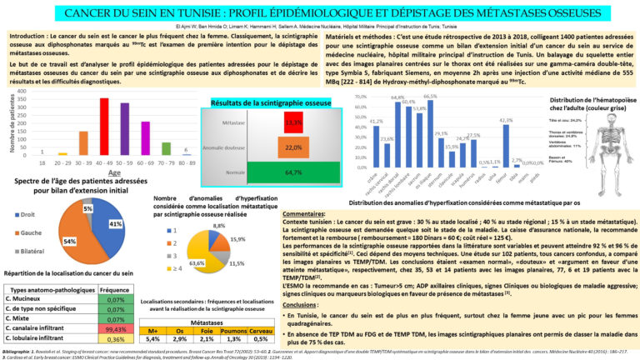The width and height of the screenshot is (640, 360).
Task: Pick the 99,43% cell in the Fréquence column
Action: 117,328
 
